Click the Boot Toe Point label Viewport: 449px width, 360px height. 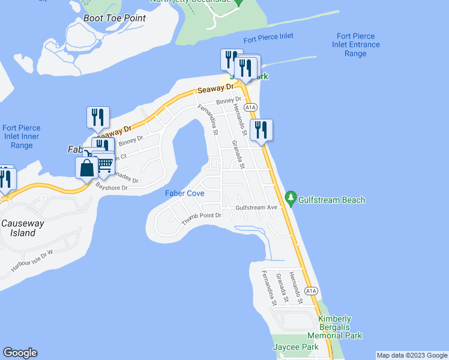coord(115,18)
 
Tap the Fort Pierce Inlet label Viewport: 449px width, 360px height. coord(268,37)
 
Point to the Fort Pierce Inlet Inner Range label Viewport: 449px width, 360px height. coord(17,137)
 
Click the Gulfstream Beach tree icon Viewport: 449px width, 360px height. coord(291,197)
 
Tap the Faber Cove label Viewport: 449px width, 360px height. coord(185,194)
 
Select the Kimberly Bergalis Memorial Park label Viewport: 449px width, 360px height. coord(340,327)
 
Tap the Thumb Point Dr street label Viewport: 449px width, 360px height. coord(202,218)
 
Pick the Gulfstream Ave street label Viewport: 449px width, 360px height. coord(256,208)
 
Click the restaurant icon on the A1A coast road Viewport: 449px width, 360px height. coord(261,129)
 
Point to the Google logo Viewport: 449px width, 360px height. coord(20,353)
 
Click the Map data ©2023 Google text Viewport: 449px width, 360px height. coord(412,355)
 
